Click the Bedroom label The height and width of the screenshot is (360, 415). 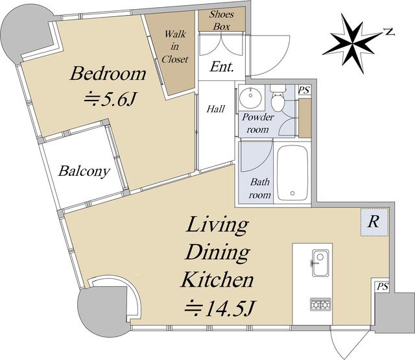pos(108,73)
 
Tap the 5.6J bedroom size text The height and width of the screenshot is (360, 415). pos(110,99)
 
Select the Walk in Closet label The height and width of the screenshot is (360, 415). pos(174,47)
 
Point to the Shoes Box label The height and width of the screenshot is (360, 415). pos(222,20)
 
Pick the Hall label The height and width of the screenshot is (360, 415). pos(216,109)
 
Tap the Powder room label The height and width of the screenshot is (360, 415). pos(258,123)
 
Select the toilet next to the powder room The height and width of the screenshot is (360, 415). pos(278,98)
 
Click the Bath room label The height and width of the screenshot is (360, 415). pos(260,189)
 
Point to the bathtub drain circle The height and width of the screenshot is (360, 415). pos(292,193)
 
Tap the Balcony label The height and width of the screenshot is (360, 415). pos(84,171)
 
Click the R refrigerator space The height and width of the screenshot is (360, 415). pos(374,222)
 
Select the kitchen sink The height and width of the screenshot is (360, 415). pos(320,263)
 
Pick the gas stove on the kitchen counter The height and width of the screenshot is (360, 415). pos(320,304)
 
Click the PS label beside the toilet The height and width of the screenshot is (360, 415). pos(304,90)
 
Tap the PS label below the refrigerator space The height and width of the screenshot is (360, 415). pos(383,286)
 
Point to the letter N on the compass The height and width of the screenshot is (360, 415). pos(389,32)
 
